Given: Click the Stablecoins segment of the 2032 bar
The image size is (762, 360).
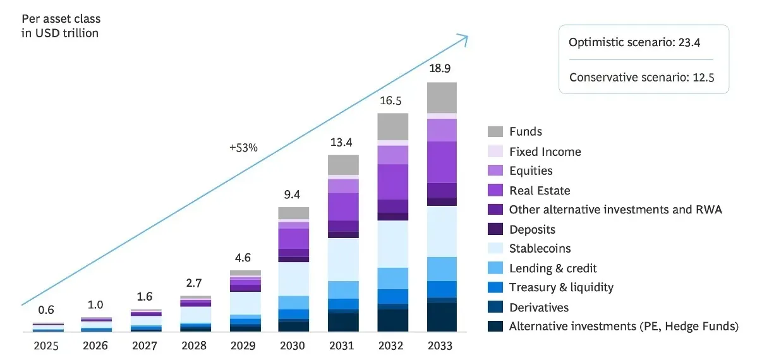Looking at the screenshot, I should tap(392, 244).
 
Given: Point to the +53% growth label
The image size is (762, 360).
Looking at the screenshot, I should tap(243, 148).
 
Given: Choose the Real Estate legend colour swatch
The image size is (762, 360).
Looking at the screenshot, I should tap(495, 191).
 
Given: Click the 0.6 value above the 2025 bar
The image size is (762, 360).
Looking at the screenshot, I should tap(46, 310).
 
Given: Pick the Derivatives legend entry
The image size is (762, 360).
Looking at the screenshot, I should tap(539, 308).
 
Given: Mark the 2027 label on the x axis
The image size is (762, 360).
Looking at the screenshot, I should tap(145, 345).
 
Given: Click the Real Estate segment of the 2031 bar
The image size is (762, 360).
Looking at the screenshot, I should tap(343, 206).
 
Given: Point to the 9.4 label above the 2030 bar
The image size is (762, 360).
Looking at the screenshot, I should tap(293, 194).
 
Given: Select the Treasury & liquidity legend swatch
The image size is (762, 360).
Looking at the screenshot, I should tap(495, 288).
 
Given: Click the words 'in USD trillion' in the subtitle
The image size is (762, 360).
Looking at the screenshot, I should tap(60, 33).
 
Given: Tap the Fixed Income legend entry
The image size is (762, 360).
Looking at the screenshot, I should tap(545, 152).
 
